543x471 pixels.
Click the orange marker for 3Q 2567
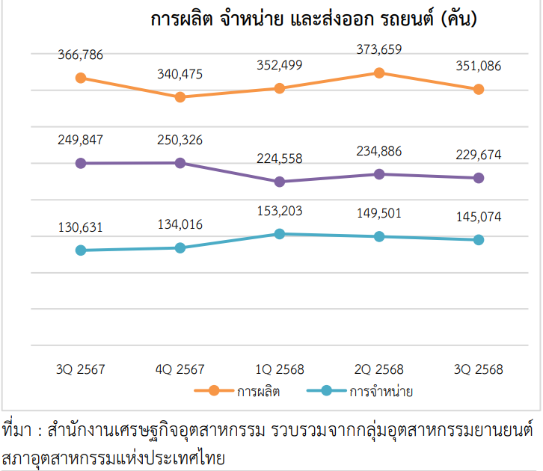[80, 78]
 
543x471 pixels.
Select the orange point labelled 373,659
[379, 73]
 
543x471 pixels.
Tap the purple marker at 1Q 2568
[280, 182]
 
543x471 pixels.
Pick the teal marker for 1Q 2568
[280, 234]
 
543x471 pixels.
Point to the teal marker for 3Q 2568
[479, 240]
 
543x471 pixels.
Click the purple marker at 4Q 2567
[180, 163]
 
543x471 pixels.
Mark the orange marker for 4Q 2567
[180, 97]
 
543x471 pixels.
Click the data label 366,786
[80, 55]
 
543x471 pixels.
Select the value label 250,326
[180, 140]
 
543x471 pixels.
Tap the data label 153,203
[280, 211]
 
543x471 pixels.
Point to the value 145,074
[479, 218]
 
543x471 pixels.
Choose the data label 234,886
[379, 152]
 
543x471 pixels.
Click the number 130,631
[80, 228]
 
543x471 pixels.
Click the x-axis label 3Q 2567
[80, 369]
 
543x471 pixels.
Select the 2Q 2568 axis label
[379, 369]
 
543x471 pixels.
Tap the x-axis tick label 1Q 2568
[280, 369]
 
